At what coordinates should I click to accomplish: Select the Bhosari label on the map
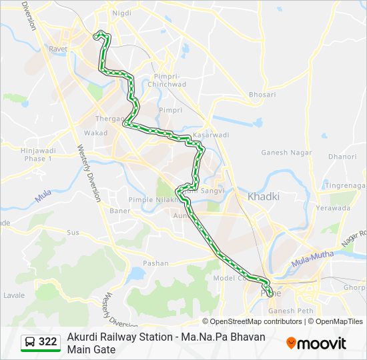coord(262,95)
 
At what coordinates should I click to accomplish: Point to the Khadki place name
coord(264,197)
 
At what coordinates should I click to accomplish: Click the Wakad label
coord(95,133)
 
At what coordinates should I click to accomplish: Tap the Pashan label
coord(155,263)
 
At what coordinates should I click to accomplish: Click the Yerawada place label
coord(332,208)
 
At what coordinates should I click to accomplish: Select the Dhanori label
coord(342,157)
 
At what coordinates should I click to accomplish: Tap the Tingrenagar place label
coord(345,185)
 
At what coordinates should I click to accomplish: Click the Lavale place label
coord(14,295)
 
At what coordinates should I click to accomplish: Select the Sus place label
coord(73,233)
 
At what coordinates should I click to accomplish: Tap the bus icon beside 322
coord(30,342)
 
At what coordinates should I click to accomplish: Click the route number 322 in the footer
coord(48,342)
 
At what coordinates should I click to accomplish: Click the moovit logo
coord(316,343)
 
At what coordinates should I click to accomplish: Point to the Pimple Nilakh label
coord(151,199)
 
